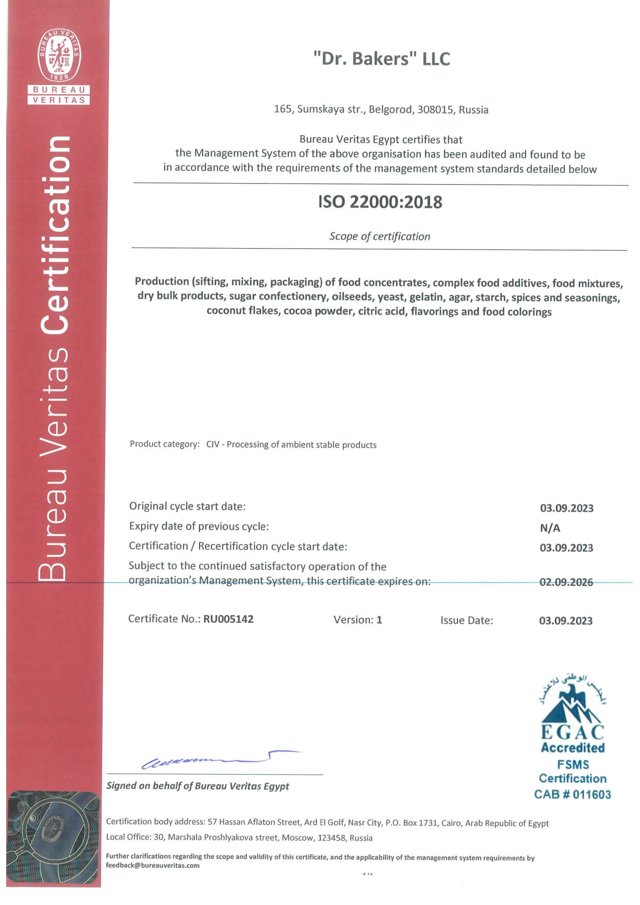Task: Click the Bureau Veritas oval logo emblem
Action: (x=58, y=55)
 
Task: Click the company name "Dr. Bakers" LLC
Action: (x=382, y=59)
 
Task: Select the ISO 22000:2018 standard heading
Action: (x=380, y=202)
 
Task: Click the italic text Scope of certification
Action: (x=380, y=236)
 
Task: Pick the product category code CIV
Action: (x=212, y=445)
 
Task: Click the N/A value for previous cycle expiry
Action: (x=550, y=528)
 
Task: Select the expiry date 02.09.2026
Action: (x=566, y=582)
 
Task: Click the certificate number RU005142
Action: (x=228, y=619)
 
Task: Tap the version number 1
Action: (x=379, y=620)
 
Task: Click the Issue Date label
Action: (x=466, y=620)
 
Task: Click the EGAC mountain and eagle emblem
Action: (x=572, y=701)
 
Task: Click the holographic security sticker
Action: (x=53, y=837)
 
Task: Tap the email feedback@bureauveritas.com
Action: (x=153, y=865)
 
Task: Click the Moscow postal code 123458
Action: (x=331, y=838)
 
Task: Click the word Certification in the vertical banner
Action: (x=55, y=235)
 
